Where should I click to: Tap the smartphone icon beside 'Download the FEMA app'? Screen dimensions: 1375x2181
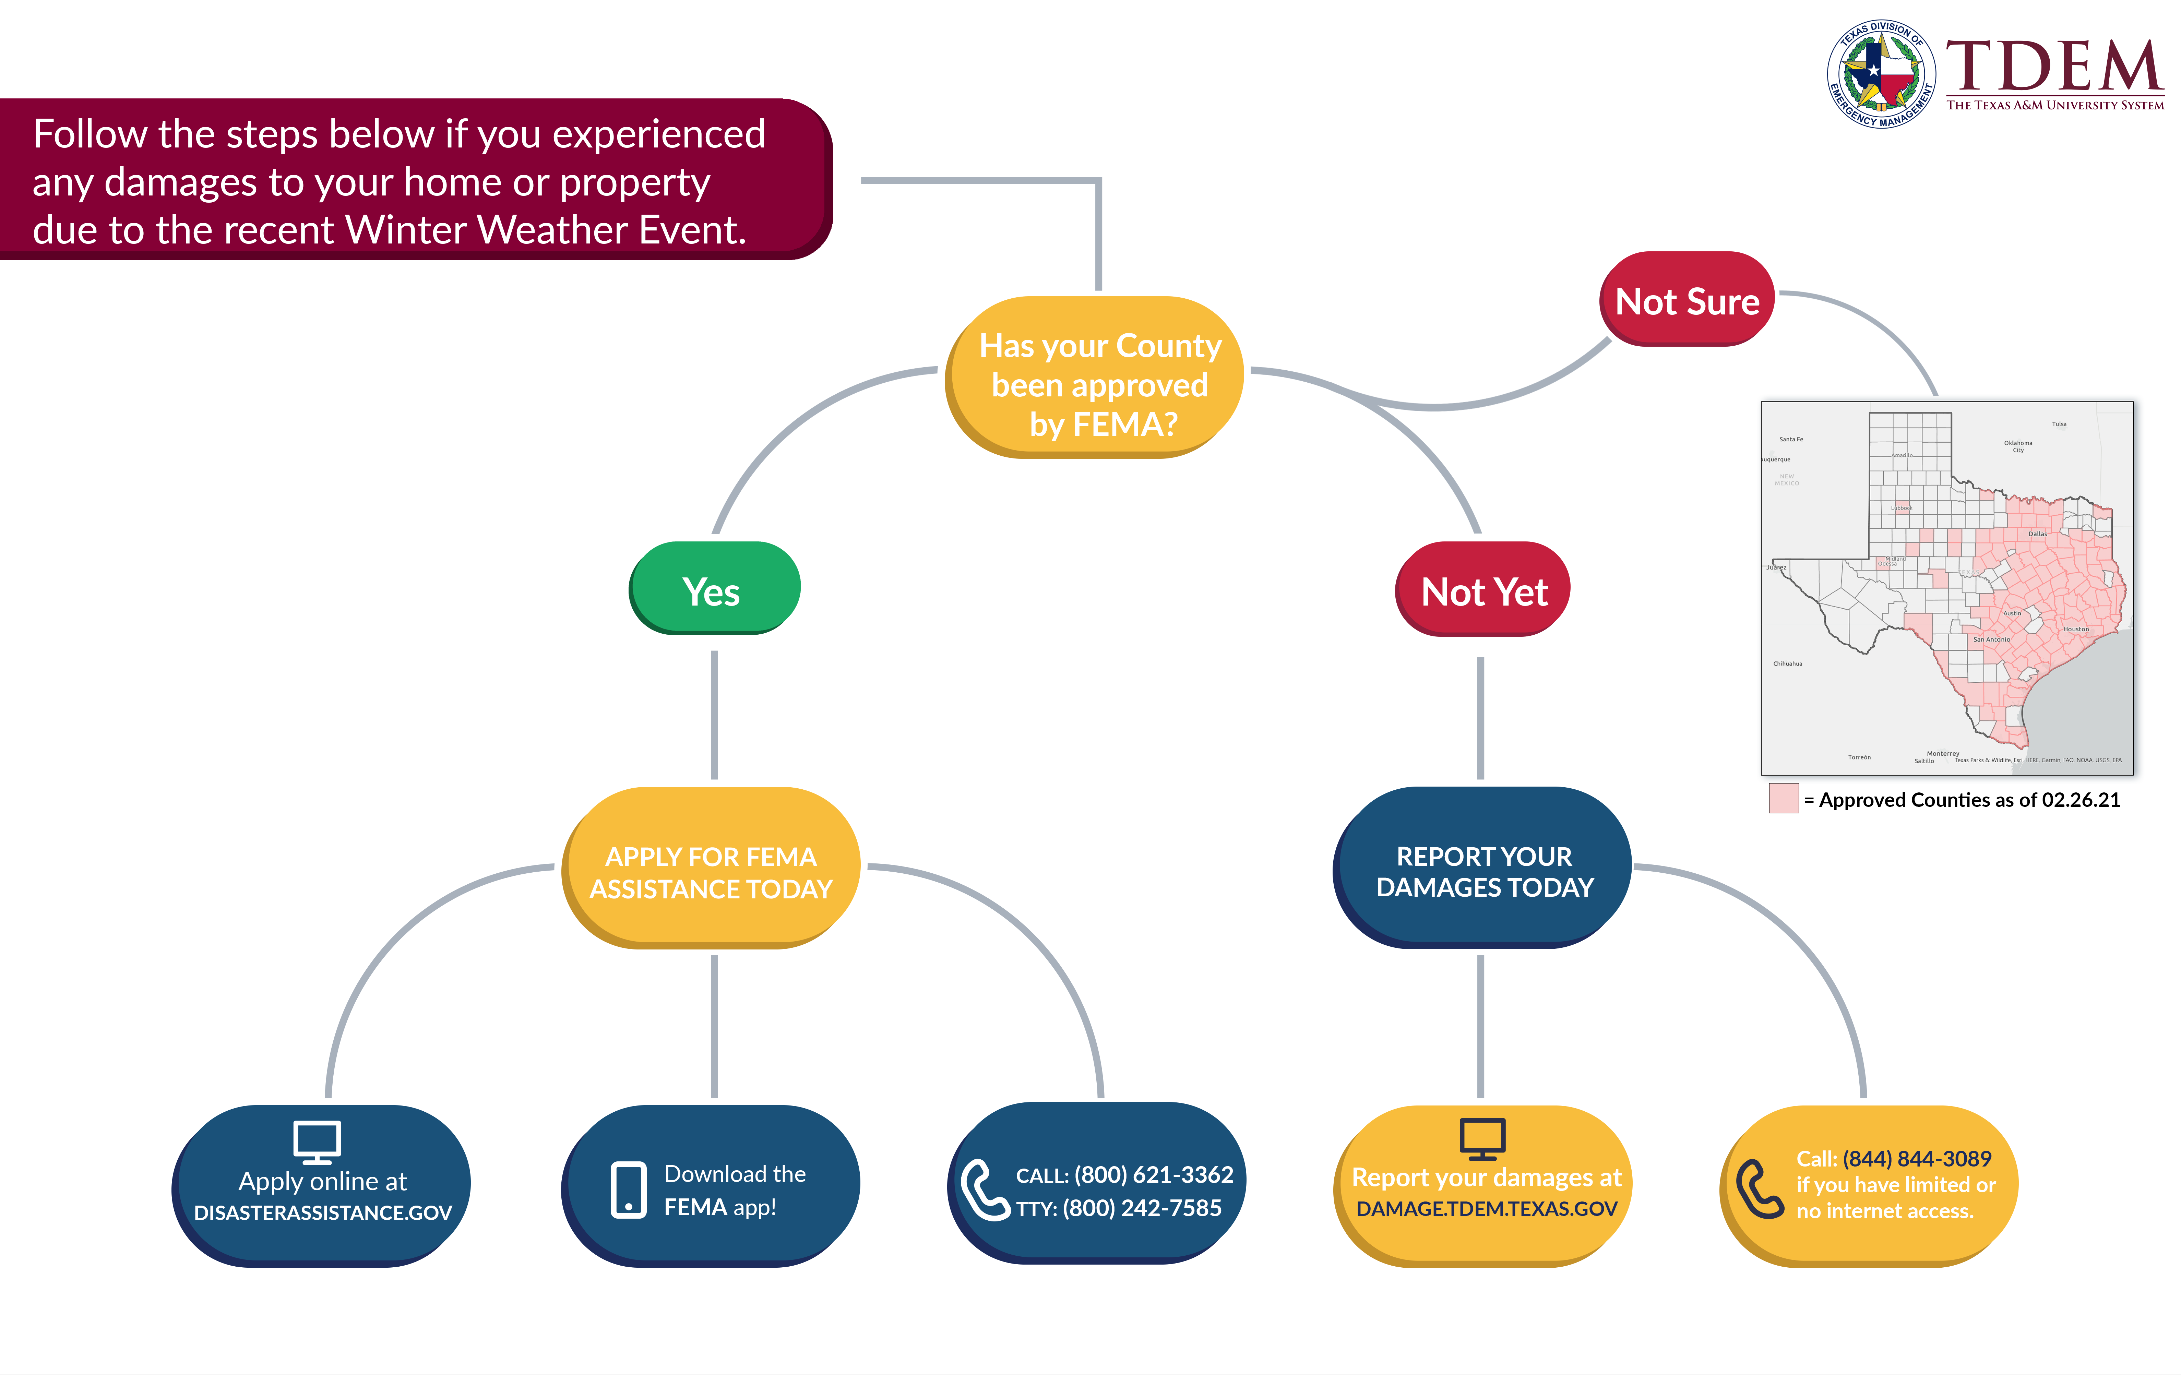(629, 1188)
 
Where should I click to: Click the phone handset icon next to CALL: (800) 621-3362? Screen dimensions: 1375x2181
(983, 1188)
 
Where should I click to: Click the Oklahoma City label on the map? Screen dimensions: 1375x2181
(2018, 446)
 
